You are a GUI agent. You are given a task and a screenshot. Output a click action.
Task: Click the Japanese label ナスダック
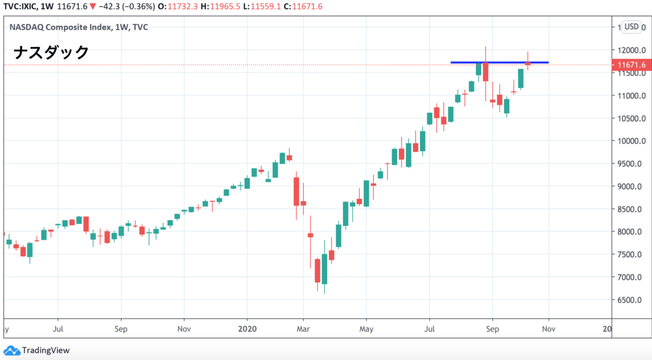pos(51,53)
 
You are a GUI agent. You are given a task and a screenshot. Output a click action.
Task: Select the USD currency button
pos(631,27)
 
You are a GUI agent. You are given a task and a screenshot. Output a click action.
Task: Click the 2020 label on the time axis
pos(247,329)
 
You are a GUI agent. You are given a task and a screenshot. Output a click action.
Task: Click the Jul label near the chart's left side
pos(59,329)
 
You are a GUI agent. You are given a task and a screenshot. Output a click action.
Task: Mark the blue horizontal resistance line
pos(500,62)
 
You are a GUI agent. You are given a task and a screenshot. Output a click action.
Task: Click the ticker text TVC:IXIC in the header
pos(18,6)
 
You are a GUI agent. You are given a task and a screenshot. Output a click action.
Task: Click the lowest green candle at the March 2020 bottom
pos(324,269)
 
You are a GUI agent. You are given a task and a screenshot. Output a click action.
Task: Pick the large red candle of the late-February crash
pos(297,191)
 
